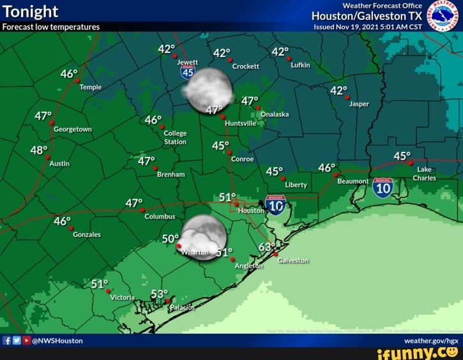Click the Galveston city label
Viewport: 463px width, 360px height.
[x=293, y=260]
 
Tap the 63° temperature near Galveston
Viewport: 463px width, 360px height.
[x=267, y=246]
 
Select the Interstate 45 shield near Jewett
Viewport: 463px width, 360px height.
[x=187, y=72]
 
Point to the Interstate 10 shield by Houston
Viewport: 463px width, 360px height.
[x=275, y=204]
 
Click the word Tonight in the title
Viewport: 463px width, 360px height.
[x=31, y=11]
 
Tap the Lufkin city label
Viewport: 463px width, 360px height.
[x=300, y=65]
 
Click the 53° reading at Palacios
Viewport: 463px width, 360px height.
[x=158, y=294]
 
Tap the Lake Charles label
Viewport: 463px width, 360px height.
[x=425, y=174]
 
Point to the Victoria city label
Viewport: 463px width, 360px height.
[x=123, y=297]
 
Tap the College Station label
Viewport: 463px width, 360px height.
[x=175, y=137]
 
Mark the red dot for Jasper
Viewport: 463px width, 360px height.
[x=347, y=98]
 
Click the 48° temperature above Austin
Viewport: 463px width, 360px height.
[x=38, y=151]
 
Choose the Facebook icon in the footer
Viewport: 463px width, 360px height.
[x=6, y=341]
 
